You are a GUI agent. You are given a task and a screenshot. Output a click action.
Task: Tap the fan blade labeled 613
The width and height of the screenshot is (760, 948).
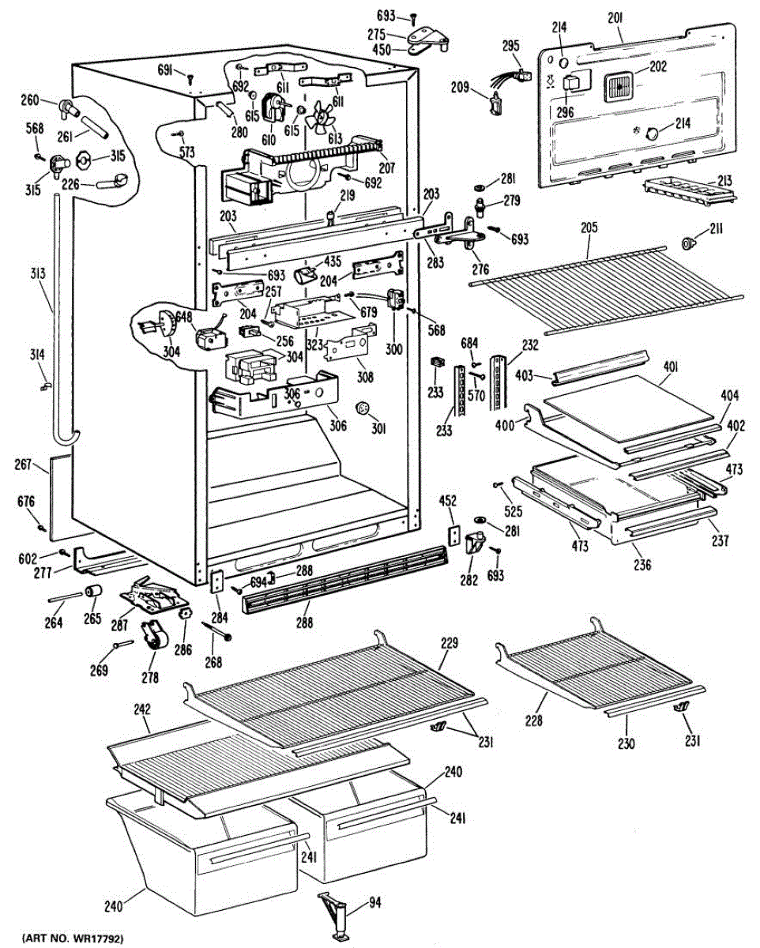[325, 118]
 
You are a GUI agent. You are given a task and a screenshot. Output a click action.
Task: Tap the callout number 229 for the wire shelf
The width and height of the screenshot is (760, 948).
[449, 645]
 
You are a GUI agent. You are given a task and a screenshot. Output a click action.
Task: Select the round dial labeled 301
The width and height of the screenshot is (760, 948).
[364, 408]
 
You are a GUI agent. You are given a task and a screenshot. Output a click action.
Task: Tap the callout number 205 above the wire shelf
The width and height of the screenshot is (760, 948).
[589, 228]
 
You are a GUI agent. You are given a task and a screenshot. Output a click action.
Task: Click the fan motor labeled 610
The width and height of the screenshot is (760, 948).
[274, 106]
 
